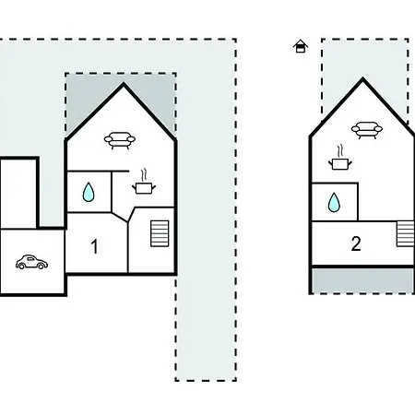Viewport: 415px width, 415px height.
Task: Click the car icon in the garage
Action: click(31, 262)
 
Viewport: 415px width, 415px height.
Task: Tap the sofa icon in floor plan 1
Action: click(120, 140)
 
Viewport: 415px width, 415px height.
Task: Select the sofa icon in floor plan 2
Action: click(367, 130)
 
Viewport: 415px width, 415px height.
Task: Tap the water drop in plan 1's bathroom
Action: click(89, 192)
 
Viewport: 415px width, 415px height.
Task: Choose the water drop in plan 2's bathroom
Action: click(334, 203)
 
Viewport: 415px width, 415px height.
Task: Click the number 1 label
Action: click(95, 246)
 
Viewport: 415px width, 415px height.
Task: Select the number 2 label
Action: click(356, 243)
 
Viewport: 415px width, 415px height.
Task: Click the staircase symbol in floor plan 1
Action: click(160, 233)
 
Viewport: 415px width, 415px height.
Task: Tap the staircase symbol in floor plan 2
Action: click(406, 234)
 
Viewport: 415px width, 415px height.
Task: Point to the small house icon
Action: click(301, 46)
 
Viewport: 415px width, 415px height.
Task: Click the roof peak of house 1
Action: click(124, 83)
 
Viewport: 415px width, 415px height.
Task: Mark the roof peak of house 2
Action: click(362, 78)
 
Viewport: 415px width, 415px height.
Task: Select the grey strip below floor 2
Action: click(362, 280)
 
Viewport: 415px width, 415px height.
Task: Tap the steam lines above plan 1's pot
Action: click(144, 175)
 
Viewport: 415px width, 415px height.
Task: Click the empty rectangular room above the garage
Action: click(18, 194)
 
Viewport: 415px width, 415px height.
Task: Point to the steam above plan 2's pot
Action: click(340, 151)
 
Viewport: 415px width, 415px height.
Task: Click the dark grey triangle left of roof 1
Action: click(83, 99)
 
